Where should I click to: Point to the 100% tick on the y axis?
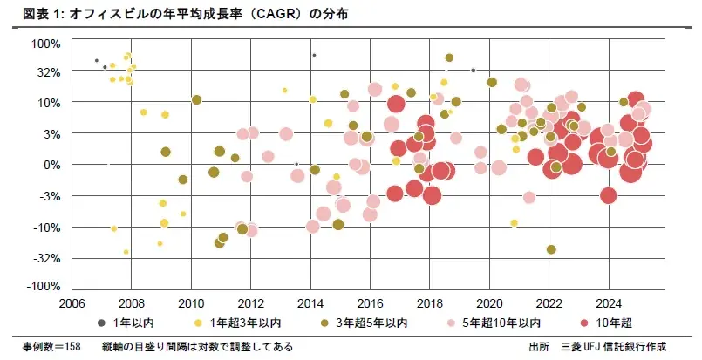[45, 44]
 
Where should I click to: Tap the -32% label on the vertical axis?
[45, 258]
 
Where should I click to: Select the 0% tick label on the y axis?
[51, 164]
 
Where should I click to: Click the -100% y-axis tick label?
[43, 287]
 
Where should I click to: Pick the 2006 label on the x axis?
[72, 304]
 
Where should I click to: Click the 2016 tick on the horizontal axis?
[370, 304]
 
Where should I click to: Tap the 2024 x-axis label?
[608, 304]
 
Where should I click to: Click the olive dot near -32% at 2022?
[550, 249]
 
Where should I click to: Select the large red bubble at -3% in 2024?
[609, 195]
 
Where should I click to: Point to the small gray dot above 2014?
[313, 55]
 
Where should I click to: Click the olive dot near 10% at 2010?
[196, 99]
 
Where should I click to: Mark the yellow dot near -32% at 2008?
[126, 252]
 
